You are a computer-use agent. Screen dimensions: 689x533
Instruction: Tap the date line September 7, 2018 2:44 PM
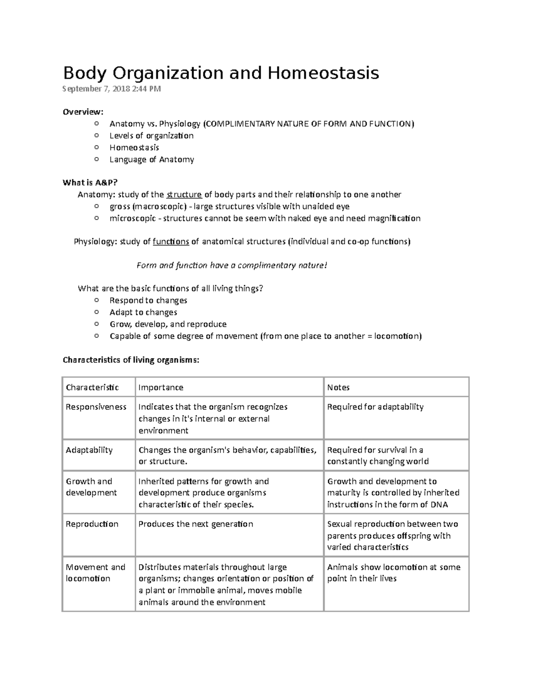(111, 89)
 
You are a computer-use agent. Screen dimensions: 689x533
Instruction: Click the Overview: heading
(83, 112)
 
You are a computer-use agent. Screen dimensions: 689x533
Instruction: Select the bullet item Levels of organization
(151, 136)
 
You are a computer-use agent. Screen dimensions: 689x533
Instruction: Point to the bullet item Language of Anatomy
(151, 159)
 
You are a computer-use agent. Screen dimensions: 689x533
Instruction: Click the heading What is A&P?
(91, 182)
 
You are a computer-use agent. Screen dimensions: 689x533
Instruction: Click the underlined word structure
(184, 194)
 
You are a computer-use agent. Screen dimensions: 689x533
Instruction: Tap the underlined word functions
(171, 242)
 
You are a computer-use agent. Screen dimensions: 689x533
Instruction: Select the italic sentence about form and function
(231, 265)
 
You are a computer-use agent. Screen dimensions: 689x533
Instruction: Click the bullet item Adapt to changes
(143, 312)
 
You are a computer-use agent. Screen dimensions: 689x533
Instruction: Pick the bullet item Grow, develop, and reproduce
(168, 324)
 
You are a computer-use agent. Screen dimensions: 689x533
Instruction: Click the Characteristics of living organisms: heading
(131, 360)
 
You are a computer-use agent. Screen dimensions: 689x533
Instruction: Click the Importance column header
(161, 387)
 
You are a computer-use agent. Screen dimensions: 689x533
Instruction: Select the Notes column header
(338, 387)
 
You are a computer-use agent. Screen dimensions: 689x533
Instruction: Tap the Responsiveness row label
(96, 407)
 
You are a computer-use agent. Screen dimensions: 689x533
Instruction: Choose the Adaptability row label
(89, 450)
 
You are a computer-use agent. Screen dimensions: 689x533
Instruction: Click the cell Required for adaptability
(375, 407)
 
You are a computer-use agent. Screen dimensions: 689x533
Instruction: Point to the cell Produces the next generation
(195, 524)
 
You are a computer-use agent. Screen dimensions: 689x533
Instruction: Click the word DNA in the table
(439, 504)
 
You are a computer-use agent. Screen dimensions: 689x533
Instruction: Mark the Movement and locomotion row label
(95, 573)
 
